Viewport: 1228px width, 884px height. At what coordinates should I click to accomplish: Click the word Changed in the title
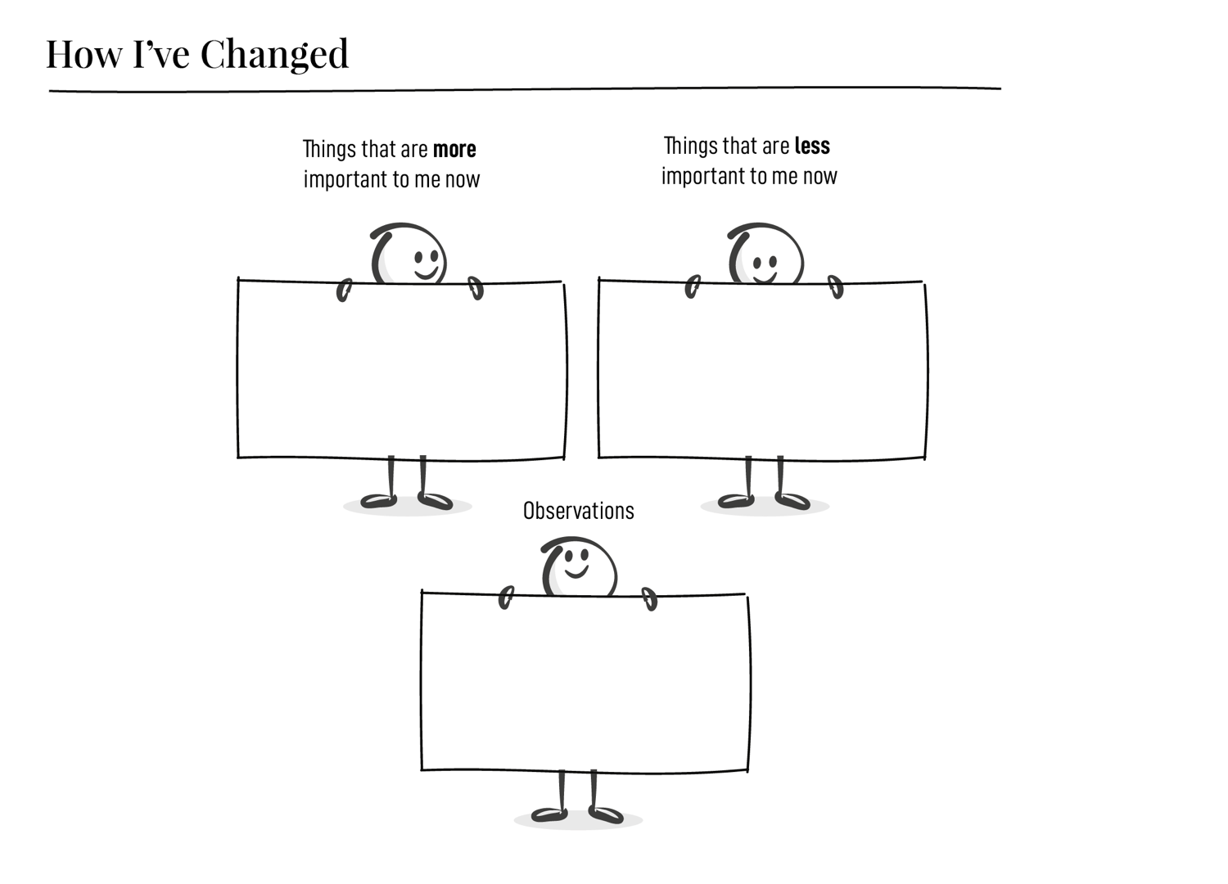coord(274,55)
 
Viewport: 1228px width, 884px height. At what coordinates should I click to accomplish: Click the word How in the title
coord(84,54)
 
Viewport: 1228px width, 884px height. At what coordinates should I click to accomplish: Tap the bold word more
coord(454,150)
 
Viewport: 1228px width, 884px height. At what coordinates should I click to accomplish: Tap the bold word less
coord(812,147)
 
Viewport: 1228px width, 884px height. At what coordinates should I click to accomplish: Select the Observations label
coord(578,511)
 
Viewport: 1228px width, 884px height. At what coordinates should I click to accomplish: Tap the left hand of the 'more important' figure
coord(344,290)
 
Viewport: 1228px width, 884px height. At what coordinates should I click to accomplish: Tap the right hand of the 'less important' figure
coord(836,286)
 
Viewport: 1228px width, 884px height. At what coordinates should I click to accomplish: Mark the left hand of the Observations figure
coord(506,598)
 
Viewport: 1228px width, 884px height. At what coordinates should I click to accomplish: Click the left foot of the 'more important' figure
coord(378,500)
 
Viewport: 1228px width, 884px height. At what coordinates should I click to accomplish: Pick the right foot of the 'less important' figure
coord(792,500)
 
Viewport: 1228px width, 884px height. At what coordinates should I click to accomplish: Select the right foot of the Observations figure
coord(606,814)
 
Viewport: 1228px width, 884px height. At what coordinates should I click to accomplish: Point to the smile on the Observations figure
coord(576,572)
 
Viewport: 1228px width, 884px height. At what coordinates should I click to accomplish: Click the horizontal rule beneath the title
coord(524,89)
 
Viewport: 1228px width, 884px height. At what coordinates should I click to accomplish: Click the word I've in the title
coord(163,54)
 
